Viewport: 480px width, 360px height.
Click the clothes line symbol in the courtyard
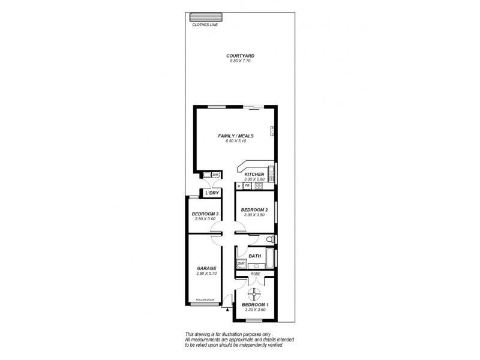pyautogui.click(x=205, y=17)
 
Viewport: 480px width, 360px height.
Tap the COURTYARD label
pyautogui.click(x=238, y=56)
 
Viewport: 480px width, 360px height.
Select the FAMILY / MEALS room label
pyautogui.click(x=234, y=136)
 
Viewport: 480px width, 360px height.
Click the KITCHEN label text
pyautogui.click(x=254, y=174)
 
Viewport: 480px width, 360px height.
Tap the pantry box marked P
pyautogui.click(x=239, y=186)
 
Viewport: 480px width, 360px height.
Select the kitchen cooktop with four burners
pyautogui.click(x=259, y=186)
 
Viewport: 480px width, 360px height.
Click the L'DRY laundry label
pyautogui.click(x=211, y=193)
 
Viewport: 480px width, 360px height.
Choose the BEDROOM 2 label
pyautogui.click(x=254, y=210)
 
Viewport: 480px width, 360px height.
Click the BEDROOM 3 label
pyautogui.click(x=205, y=214)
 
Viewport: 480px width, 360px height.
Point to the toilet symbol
pyautogui.click(x=271, y=240)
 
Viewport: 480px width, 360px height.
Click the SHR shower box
pyautogui.click(x=241, y=263)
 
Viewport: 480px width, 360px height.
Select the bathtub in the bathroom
pyautogui.click(x=269, y=259)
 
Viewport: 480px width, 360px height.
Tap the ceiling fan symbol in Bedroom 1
pyautogui.click(x=255, y=294)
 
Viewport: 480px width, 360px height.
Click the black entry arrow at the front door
pyautogui.click(x=227, y=310)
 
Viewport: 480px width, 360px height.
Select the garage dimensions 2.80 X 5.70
pyautogui.click(x=206, y=273)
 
